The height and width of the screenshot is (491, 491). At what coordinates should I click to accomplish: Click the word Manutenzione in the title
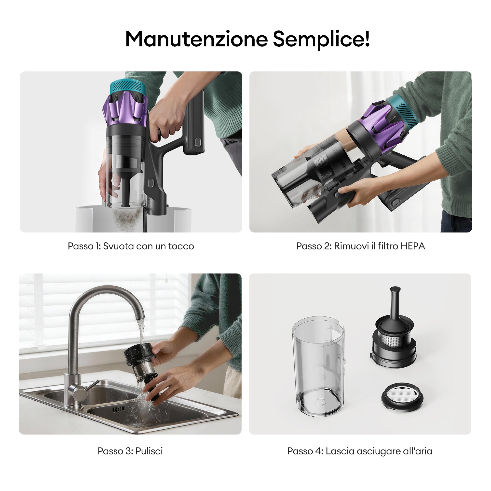tap(196, 39)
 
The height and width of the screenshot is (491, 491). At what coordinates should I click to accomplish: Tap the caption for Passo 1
tap(131, 246)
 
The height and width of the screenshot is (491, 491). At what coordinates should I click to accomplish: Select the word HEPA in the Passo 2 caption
tap(413, 246)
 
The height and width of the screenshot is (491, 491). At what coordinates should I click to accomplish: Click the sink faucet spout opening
tap(139, 318)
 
